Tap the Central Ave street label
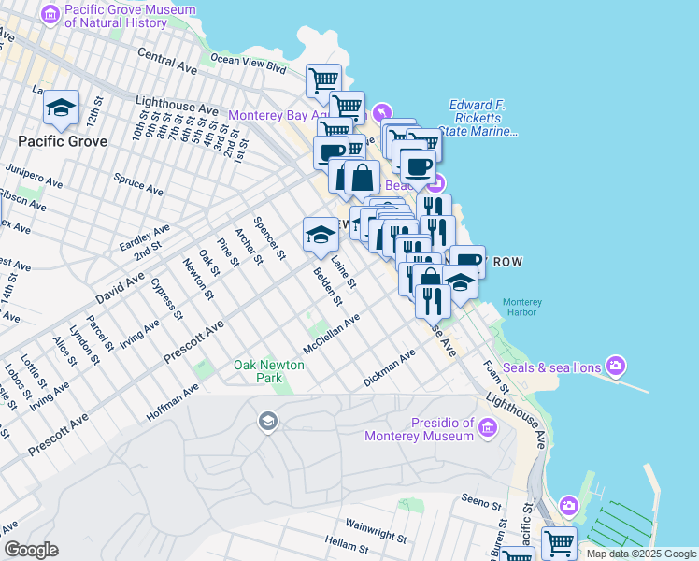[167, 62]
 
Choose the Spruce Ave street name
[137, 183]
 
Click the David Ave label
[121, 289]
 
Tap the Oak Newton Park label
[258, 371]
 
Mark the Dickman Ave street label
[389, 369]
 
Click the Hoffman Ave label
[173, 402]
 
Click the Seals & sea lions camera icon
[616, 365]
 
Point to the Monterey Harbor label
[521, 308]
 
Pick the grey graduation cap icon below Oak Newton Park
[268, 421]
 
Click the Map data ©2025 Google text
[640, 554]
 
